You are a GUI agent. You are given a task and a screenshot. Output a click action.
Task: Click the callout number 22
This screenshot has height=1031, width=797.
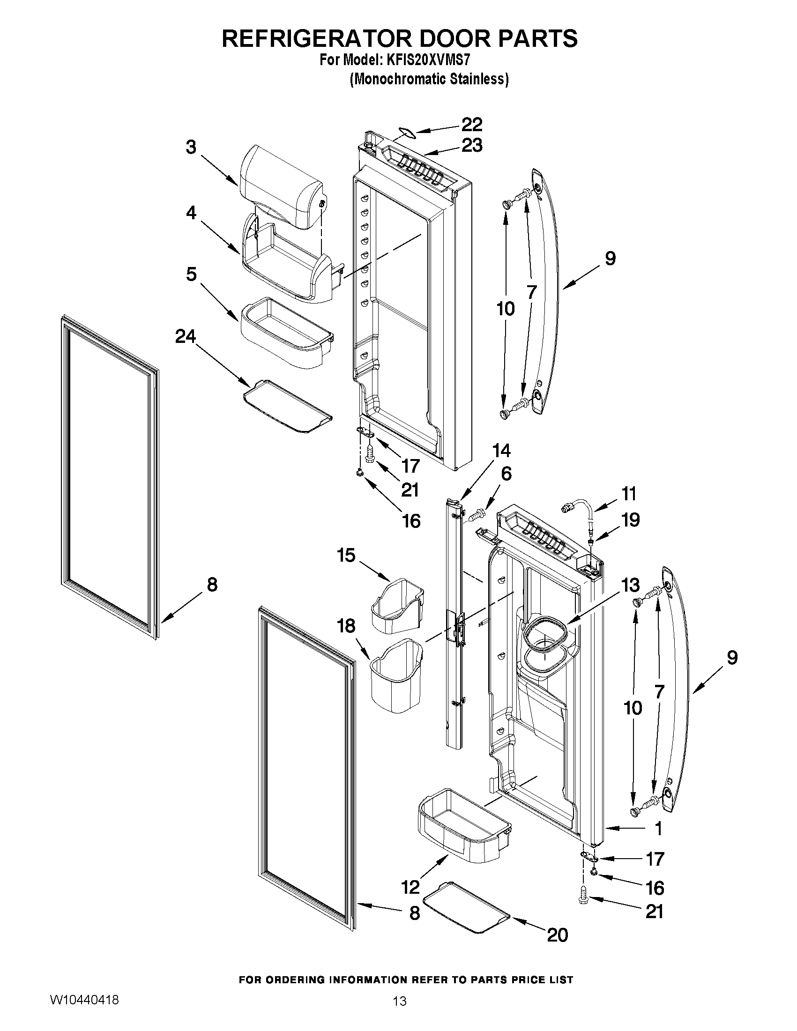(x=471, y=125)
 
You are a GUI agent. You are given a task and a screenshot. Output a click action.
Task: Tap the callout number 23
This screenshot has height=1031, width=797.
(x=471, y=145)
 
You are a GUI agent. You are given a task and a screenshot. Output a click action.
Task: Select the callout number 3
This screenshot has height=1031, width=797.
(x=191, y=147)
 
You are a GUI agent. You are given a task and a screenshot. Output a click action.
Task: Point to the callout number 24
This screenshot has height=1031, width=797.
(x=185, y=337)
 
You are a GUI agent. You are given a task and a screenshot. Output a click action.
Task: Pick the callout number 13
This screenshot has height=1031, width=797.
(x=630, y=586)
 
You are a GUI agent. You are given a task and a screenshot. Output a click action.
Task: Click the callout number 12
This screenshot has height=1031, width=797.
(x=410, y=888)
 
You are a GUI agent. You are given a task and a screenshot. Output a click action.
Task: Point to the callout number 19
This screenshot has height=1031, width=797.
(x=630, y=520)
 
